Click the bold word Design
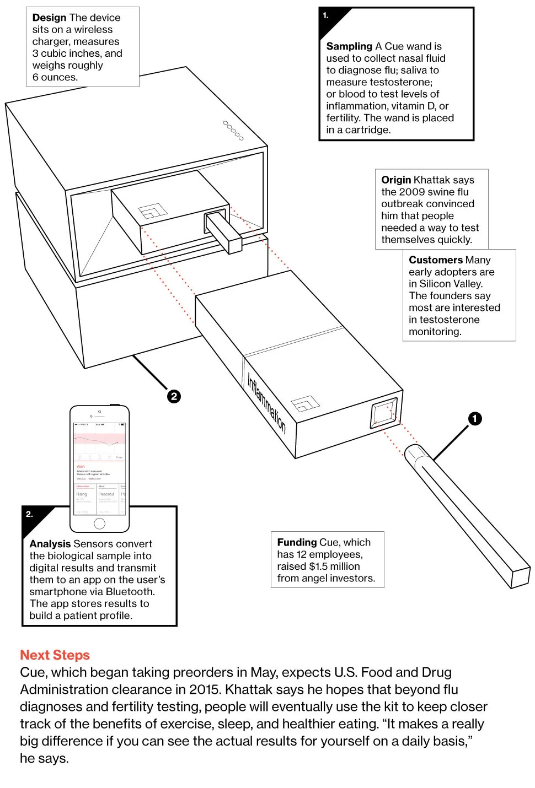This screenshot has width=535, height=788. click(x=49, y=18)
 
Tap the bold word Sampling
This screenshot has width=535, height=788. click(x=349, y=46)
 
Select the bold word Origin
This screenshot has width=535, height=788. click(x=395, y=180)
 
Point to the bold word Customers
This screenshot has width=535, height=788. click(x=435, y=260)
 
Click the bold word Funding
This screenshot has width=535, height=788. click(x=297, y=542)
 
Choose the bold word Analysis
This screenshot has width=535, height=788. click(x=50, y=544)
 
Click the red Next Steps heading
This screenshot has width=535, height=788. click(x=55, y=655)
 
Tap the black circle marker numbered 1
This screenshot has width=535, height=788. click(x=475, y=419)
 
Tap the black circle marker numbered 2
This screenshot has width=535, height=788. click(x=174, y=396)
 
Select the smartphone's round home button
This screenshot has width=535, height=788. click(x=99, y=523)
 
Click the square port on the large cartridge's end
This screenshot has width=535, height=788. click(x=384, y=413)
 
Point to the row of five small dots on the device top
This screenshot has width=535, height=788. click(x=233, y=131)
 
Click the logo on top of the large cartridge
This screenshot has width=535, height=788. click(x=305, y=404)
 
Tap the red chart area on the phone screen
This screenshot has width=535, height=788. click(x=99, y=439)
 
